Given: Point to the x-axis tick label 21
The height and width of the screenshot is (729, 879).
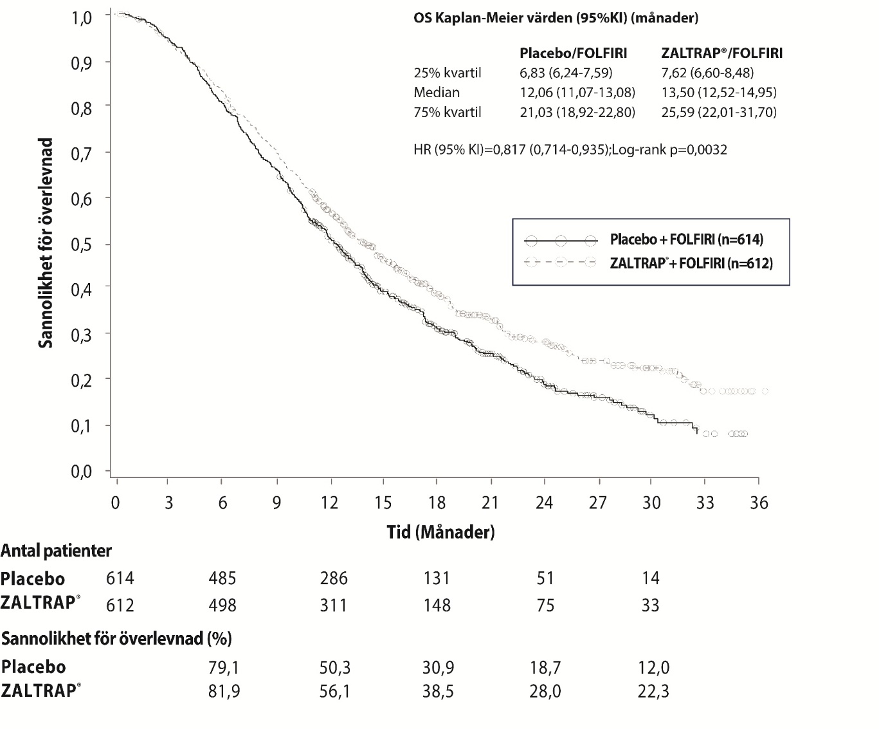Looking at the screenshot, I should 491,503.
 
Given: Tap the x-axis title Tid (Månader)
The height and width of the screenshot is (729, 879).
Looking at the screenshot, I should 440,532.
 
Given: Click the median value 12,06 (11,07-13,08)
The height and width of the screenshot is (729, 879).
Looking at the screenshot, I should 577,92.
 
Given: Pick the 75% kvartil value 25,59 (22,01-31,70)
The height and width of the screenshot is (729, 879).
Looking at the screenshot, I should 719,113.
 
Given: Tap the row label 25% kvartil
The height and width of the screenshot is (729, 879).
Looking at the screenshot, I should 448,73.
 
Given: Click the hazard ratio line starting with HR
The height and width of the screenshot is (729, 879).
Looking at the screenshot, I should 571,150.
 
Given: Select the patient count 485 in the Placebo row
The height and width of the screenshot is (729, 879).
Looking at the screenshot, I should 222,578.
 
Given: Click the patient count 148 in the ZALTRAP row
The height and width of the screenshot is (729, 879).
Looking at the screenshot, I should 437,605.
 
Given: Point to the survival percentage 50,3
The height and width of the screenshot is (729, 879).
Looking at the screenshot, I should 334,668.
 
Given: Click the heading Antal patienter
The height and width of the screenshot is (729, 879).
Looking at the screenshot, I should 56,551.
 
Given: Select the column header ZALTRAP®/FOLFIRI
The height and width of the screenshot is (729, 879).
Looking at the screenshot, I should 721,53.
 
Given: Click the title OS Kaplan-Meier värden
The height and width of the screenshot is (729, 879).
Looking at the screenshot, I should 556,18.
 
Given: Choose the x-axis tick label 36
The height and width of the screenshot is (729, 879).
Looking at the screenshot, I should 759,503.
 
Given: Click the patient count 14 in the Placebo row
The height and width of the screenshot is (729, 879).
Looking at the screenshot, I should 651,578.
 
